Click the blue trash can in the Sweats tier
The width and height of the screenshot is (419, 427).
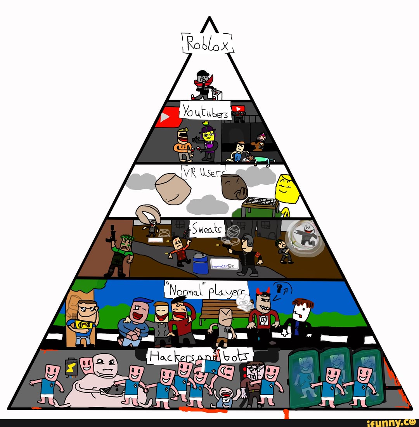[201, 263]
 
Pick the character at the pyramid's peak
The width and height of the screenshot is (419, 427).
[203, 85]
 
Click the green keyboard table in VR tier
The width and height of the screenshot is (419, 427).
[260, 206]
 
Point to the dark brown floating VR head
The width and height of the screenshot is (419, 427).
[234, 186]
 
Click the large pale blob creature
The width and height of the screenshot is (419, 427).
[103, 380]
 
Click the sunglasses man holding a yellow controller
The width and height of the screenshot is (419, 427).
[83, 320]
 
